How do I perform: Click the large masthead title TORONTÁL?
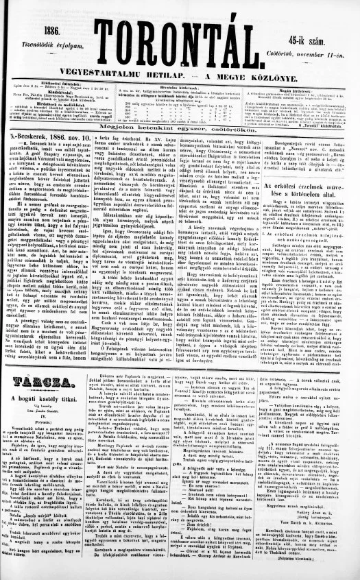pos(179,43)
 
